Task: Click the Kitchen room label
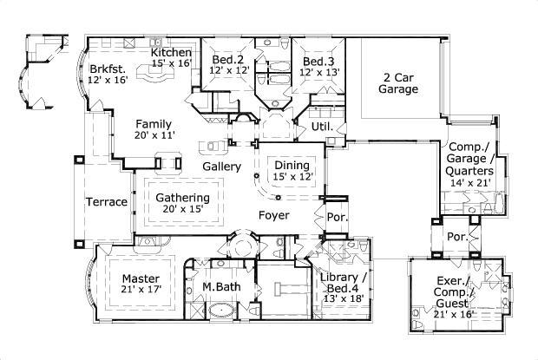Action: pyautogui.click(x=171, y=52)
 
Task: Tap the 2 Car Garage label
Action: pyautogui.click(x=398, y=83)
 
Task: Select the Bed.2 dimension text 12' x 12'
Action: pyautogui.click(x=229, y=70)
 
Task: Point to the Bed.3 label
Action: pyautogui.click(x=318, y=62)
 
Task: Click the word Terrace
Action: pyautogui.click(x=107, y=202)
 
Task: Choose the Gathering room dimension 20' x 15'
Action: pyautogui.click(x=183, y=208)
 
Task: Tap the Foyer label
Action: pyautogui.click(x=274, y=215)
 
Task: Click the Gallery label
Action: pyautogui.click(x=221, y=167)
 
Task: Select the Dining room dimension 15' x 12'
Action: pyautogui.click(x=293, y=177)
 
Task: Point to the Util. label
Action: pyautogui.click(x=322, y=127)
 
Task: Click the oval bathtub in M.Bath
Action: pyautogui.click(x=221, y=311)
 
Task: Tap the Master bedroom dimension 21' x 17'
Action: pyautogui.click(x=141, y=289)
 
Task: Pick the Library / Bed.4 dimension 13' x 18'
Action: pyautogui.click(x=344, y=298)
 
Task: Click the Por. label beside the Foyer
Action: pyautogui.click(x=338, y=217)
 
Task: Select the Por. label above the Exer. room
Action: pyautogui.click(x=457, y=237)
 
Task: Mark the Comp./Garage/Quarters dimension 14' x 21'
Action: pyautogui.click(x=470, y=183)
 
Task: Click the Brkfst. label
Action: pyautogui.click(x=108, y=69)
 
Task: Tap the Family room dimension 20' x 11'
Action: pyautogui.click(x=154, y=135)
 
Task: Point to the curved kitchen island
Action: pyautogui.click(x=155, y=72)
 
